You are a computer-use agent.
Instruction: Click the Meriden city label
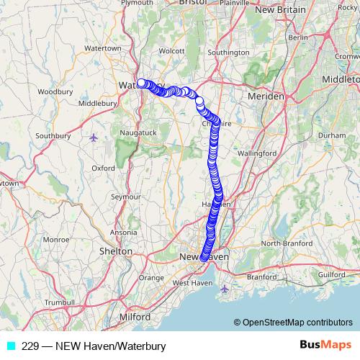coord(264,96)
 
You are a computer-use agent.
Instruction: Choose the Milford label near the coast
coord(135,317)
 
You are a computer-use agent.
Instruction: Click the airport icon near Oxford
coord(93,137)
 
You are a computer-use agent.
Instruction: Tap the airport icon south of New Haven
coord(225,289)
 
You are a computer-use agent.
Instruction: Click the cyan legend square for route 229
coord(11,346)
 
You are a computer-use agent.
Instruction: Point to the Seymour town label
coord(125,196)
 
